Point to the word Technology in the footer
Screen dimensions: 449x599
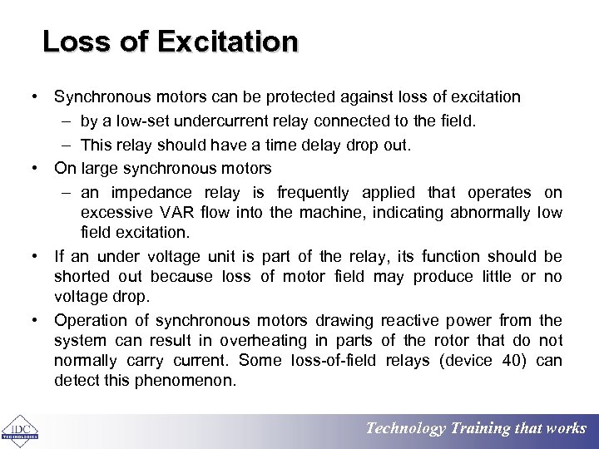click(x=406, y=429)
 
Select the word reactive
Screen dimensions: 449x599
click(x=410, y=321)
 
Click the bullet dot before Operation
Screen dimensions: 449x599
click(x=37, y=321)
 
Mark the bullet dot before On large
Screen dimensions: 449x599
click(x=37, y=169)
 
